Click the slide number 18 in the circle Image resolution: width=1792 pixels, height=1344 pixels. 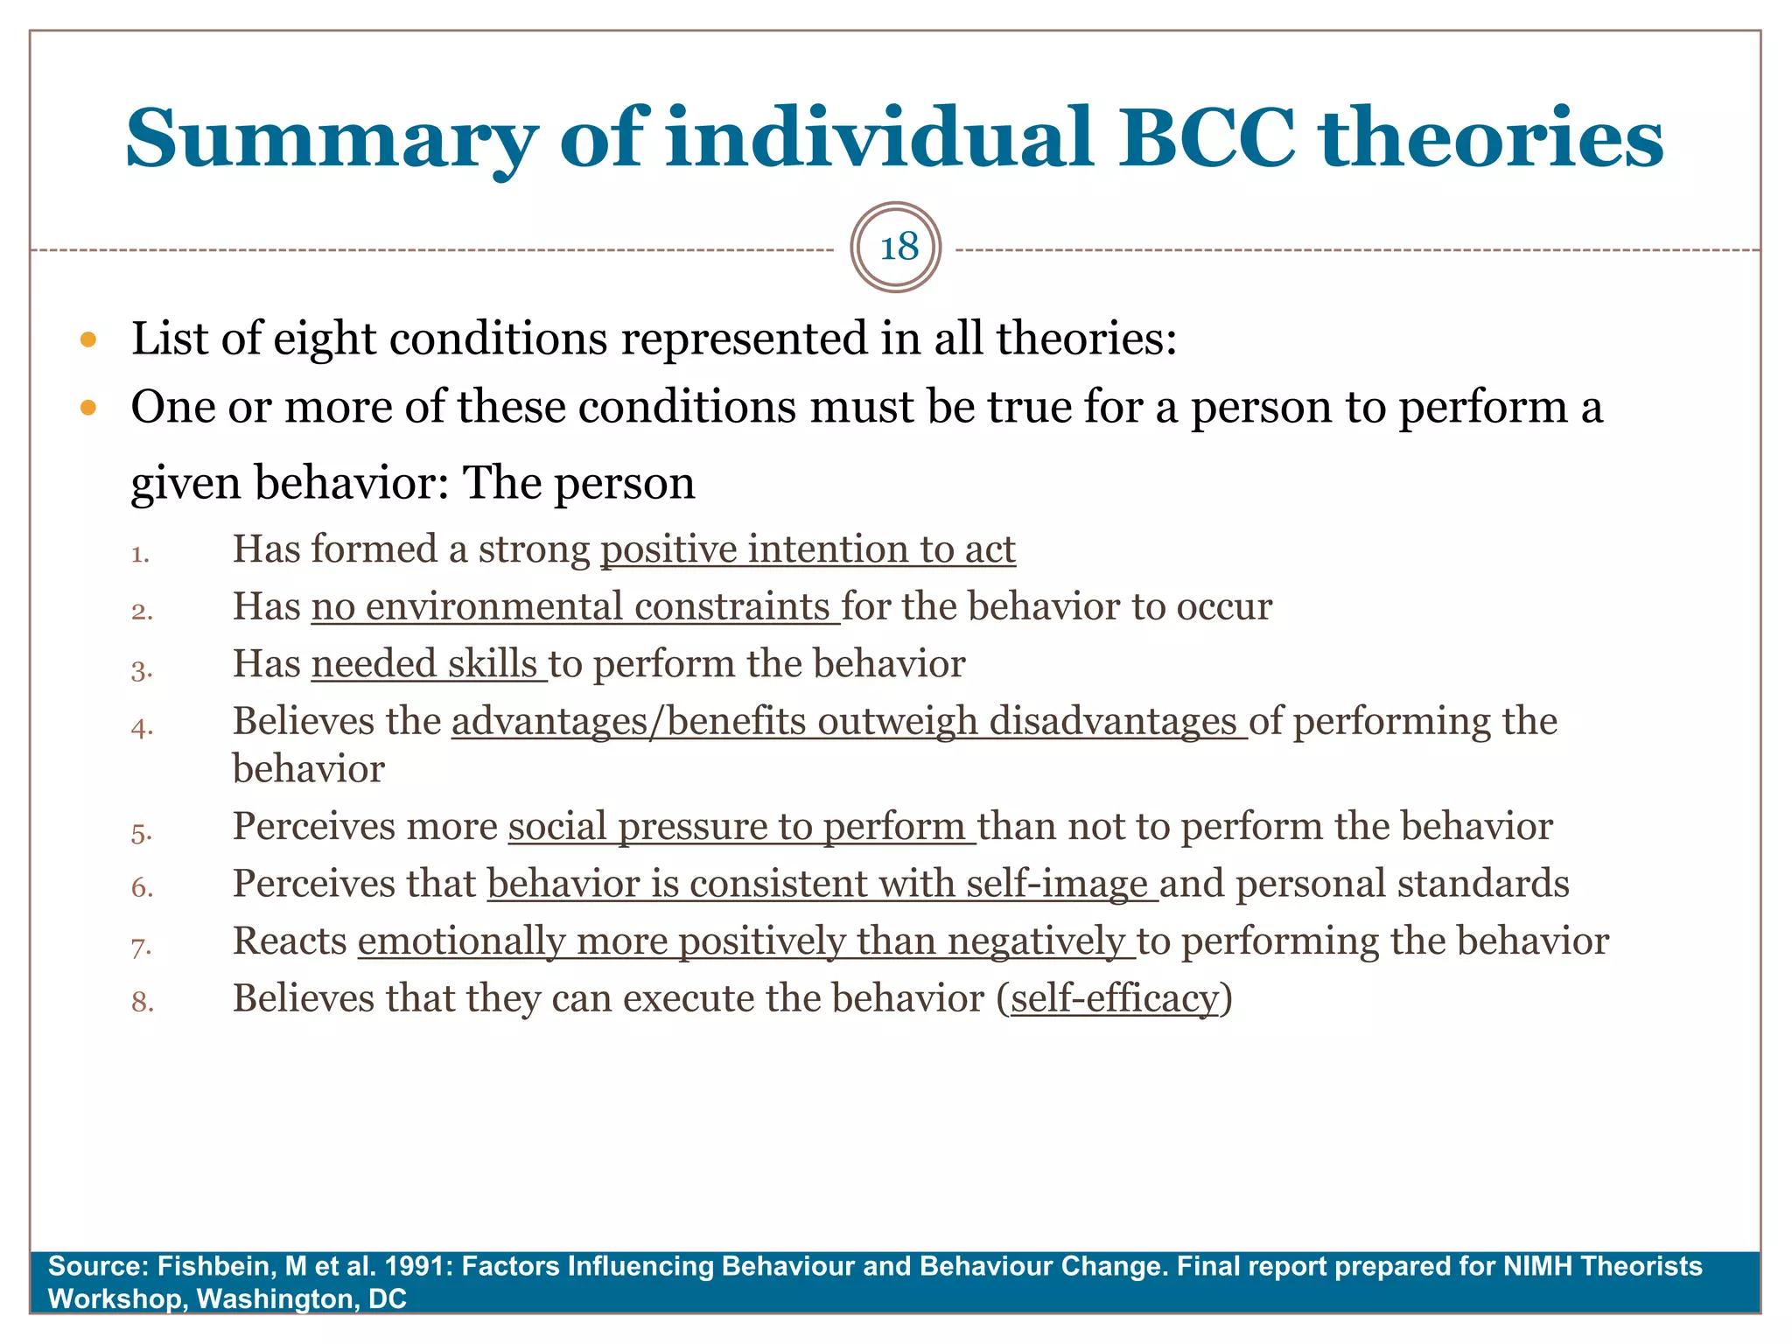click(x=899, y=248)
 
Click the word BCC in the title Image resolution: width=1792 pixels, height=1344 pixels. click(x=1207, y=138)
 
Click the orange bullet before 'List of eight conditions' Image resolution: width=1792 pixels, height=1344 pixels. click(x=87, y=339)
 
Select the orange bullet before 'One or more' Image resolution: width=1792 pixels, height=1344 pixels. click(x=87, y=408)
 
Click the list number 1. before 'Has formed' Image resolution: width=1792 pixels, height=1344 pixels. click(x=140, y=555)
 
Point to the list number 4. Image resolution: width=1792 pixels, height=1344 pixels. click(x=142, y=728)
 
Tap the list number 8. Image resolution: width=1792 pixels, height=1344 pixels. click(x=142, y=1003)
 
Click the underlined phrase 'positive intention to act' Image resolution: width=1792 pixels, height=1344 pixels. click(x=808, y=550)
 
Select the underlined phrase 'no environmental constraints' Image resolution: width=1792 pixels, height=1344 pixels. click(x=575, y=607)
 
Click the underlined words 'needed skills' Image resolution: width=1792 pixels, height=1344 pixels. click(x=428, y=664)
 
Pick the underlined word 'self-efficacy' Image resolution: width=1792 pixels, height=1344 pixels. click(x=1114, y=998)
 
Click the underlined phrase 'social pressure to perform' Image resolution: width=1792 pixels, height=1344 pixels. click(x=740, y=827)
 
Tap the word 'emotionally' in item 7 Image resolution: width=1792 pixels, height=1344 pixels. click(x=461, y=941)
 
